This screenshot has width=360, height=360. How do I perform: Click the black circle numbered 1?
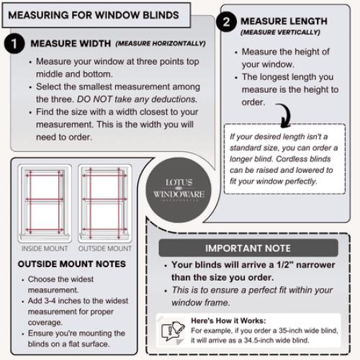[15, 45]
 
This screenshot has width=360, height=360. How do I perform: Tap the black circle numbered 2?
[227, 22]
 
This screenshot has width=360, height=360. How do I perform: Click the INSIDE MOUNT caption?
[45, 249]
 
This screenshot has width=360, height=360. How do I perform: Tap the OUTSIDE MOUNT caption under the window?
[105, 249]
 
